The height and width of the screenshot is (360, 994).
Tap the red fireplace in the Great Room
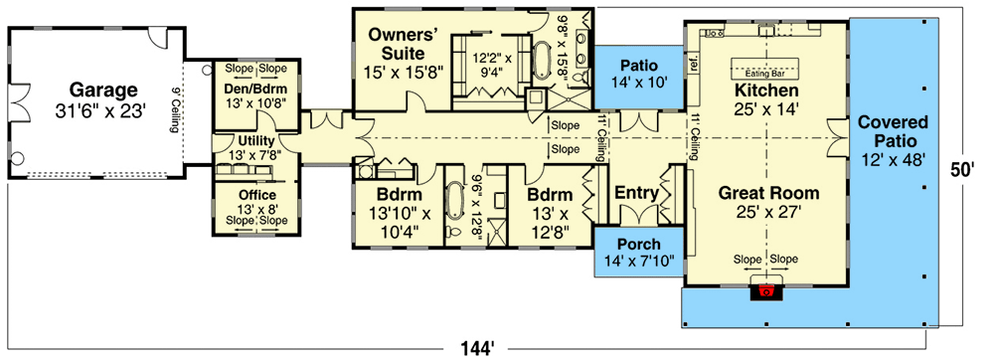coord(766,291)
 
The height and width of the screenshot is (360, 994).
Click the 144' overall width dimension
coord(478,347)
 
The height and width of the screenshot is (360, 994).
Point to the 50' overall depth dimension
coord(960,170)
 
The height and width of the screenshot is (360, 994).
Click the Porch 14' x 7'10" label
coord(639,254)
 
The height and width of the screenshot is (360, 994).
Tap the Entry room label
coord(635,192)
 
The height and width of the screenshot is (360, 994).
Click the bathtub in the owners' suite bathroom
coord(544,61)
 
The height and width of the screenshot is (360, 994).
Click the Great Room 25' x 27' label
coord(769,202)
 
